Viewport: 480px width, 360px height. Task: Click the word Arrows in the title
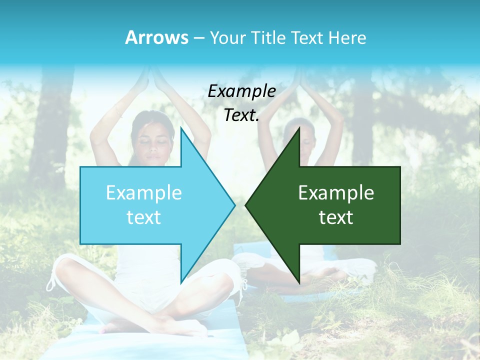point(156,37)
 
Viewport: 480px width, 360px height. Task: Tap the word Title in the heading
point(268,37)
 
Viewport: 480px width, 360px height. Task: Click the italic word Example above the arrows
point(241,91)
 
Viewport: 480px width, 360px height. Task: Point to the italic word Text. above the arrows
point(241,115)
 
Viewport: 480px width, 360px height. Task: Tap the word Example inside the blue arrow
point(144,193)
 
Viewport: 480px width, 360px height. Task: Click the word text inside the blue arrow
point(144,217)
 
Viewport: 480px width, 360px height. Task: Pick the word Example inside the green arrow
point(336,193)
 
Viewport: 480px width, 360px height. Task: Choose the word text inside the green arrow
point(336,217)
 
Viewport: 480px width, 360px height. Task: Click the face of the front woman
point(153,145)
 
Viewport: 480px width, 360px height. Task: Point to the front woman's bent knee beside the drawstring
point(65,272)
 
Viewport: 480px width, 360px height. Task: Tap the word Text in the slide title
point(308,37)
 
